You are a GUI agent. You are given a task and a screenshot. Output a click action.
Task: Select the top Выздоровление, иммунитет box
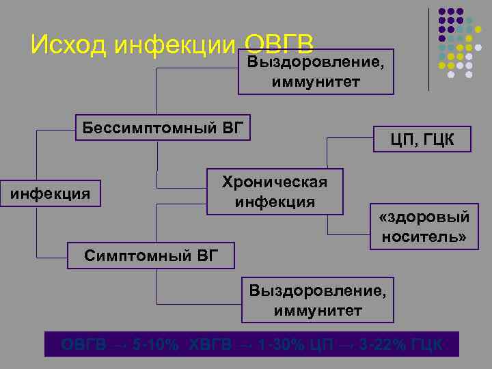pos(316,71)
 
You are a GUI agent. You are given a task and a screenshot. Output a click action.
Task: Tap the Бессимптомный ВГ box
pos(162,128)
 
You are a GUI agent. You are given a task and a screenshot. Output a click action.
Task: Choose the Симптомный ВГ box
pos(151,256)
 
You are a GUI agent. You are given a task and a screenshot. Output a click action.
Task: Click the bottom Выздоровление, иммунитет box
pos(316,301)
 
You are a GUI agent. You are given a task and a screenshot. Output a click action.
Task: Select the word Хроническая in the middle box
pos(275,182)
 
